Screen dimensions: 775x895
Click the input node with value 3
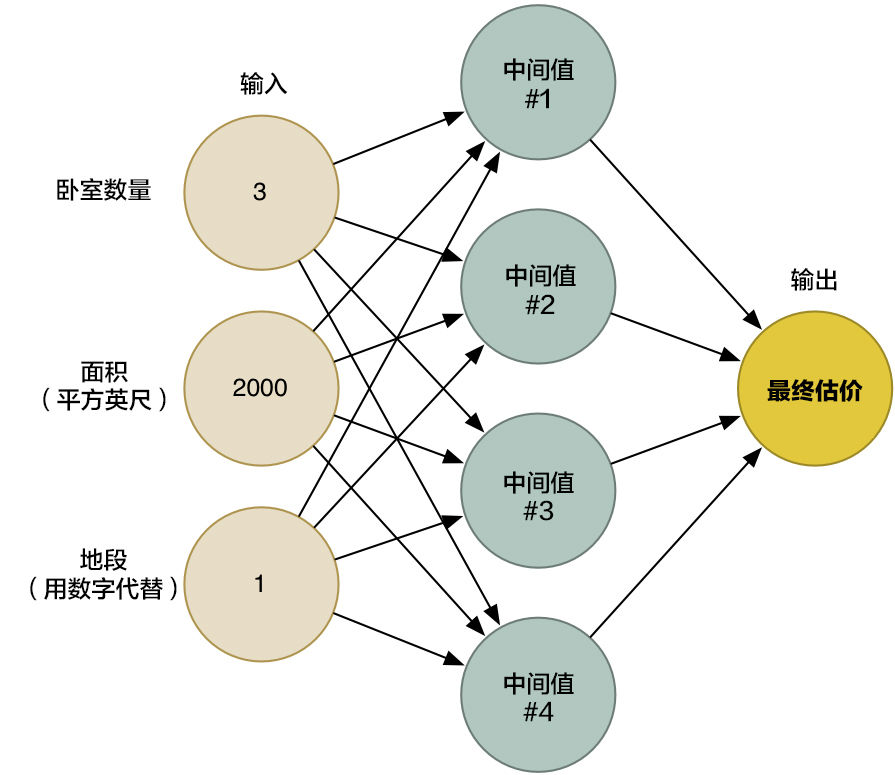[259, 192]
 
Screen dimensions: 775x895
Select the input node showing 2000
[259, 388]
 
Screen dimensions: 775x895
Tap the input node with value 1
[259, 584]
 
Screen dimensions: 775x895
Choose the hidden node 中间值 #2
[538, 289]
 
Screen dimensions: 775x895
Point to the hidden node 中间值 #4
[538, 697]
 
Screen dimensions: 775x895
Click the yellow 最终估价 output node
[814, 389]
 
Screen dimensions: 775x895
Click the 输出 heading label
[814, 281]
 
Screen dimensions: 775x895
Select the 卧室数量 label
[104, 190]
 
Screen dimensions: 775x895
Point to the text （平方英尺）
[104, 398]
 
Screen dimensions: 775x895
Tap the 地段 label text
[104, 559]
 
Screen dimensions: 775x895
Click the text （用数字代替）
[104, 589]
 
